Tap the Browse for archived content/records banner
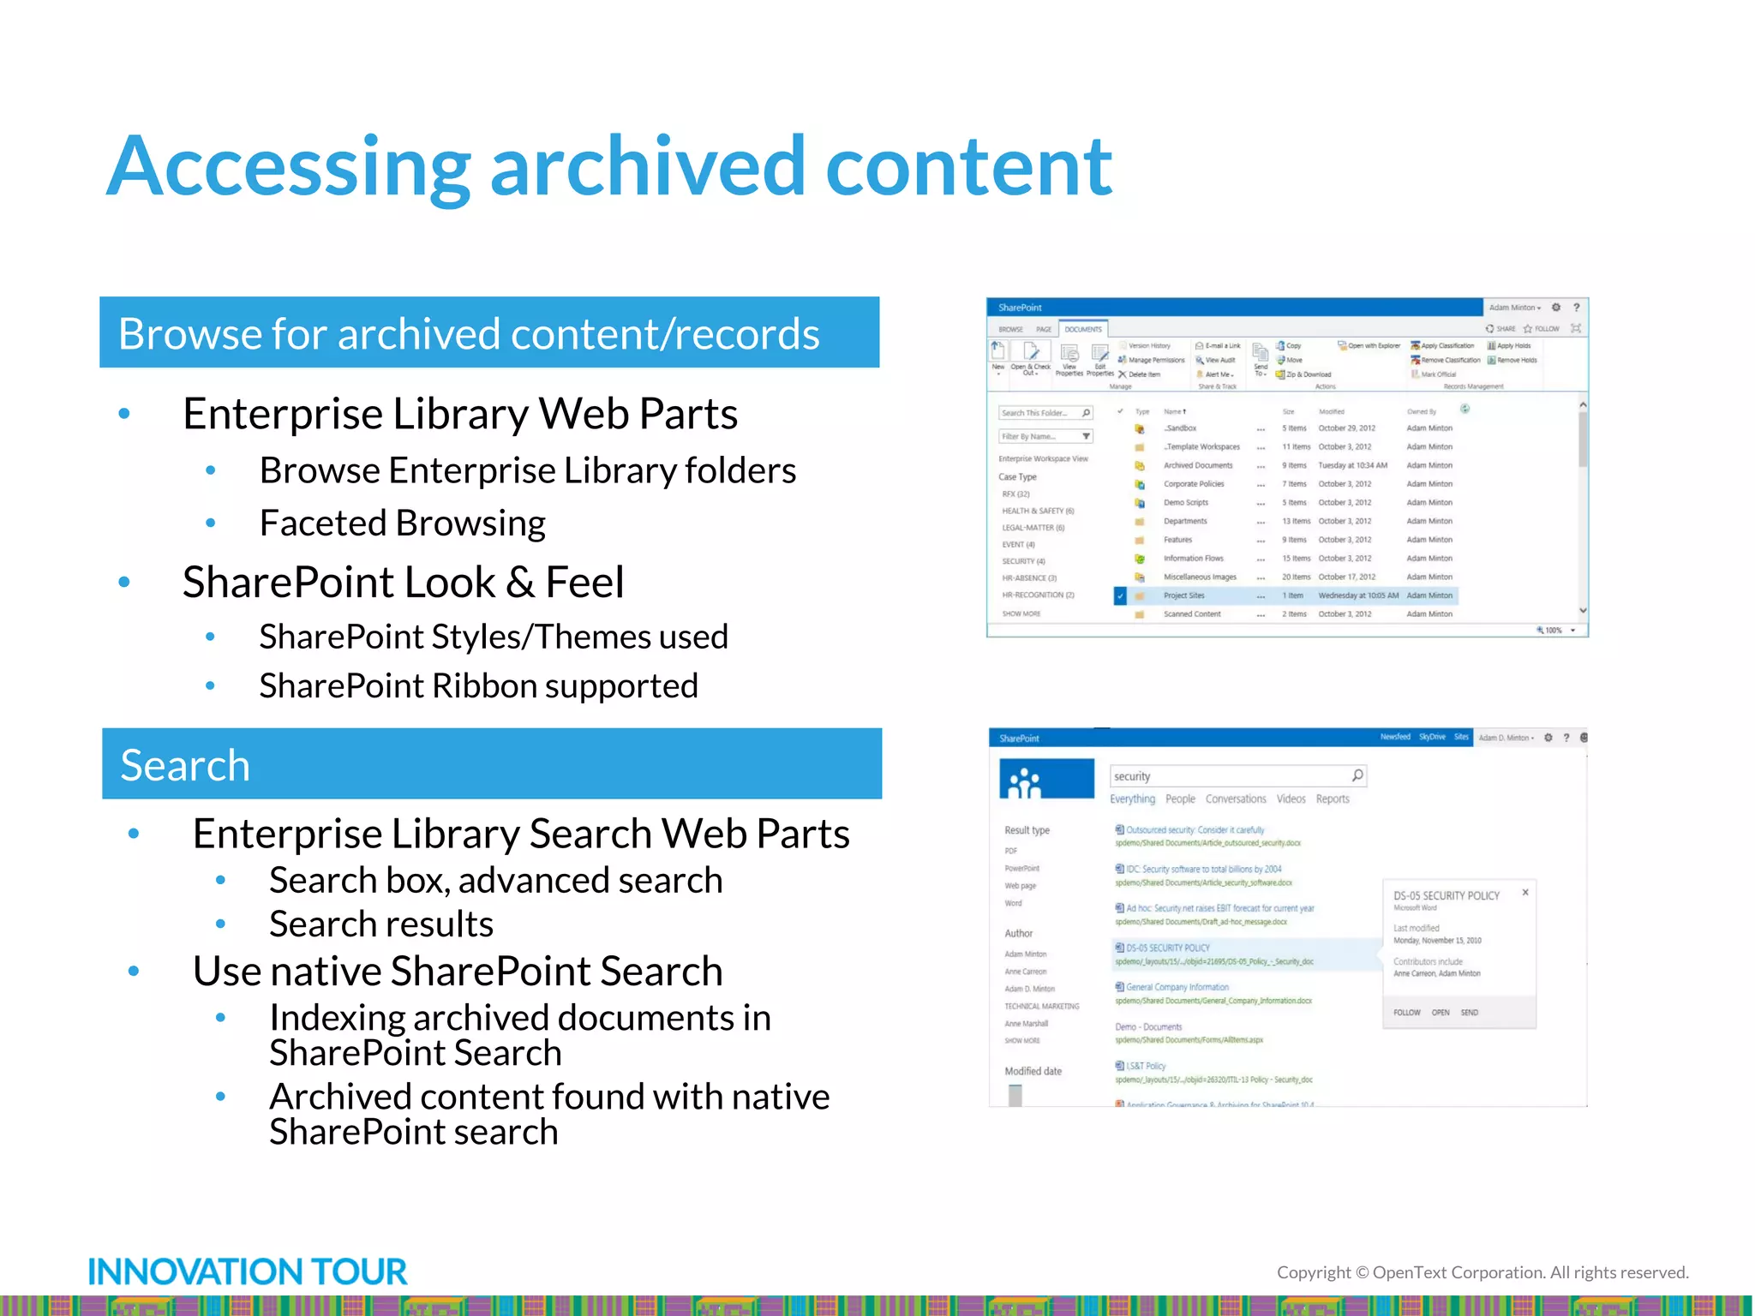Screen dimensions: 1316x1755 (489, 333)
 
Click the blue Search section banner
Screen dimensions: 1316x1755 (491, 764)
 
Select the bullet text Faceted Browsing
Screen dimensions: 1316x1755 (402, 523)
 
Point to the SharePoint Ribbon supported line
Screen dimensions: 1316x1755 (478, 686)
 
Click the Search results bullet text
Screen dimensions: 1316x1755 (381, 924)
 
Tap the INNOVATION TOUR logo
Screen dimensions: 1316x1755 (248, 1272)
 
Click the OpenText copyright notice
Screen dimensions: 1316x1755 (1482, 1273)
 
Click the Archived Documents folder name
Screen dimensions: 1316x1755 (1197, 466)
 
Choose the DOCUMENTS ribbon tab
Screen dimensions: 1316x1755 (1083, 329)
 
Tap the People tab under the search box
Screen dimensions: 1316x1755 (1179, 799)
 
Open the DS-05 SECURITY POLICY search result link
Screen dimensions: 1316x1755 (1167, 948)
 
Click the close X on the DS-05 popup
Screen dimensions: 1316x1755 (1525, 893)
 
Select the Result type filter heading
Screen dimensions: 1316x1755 (1027, 830)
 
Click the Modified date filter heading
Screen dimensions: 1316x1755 (1033, 1071)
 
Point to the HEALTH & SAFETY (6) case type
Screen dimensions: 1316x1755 (1038, 511)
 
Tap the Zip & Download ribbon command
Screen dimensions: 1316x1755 (1308, 374)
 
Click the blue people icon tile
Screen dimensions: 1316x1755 (1046, 779)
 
